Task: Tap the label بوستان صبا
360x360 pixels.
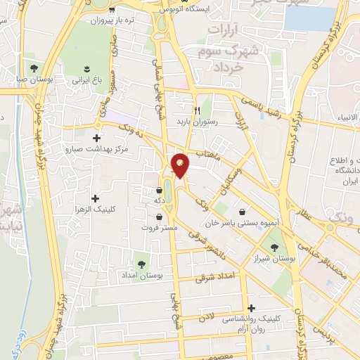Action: coord(33,81)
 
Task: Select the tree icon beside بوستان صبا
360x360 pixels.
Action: coord(34,68)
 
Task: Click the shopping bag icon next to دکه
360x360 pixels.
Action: coord(160,189)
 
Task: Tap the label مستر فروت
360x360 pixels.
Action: coord(160,228)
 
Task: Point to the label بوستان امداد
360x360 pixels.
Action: coord(141,276)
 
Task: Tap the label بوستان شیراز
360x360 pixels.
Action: coord(274,259)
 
